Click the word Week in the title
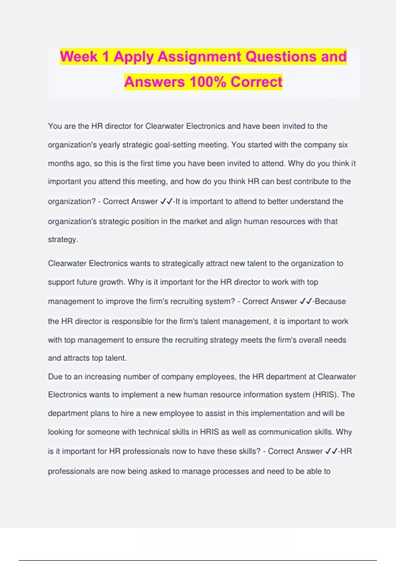click(79, 56)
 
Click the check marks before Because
click(306, 301)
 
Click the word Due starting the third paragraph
click(55, 377)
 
